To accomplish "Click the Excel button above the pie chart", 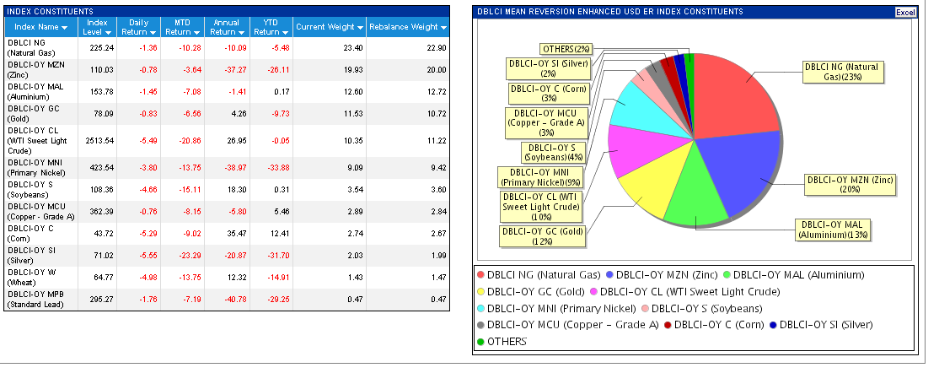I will pos(904,13).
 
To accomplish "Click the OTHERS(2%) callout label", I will pos(566,50).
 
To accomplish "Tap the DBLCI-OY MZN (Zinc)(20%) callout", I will pos(850,185).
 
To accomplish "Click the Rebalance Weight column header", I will pos(405,27).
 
